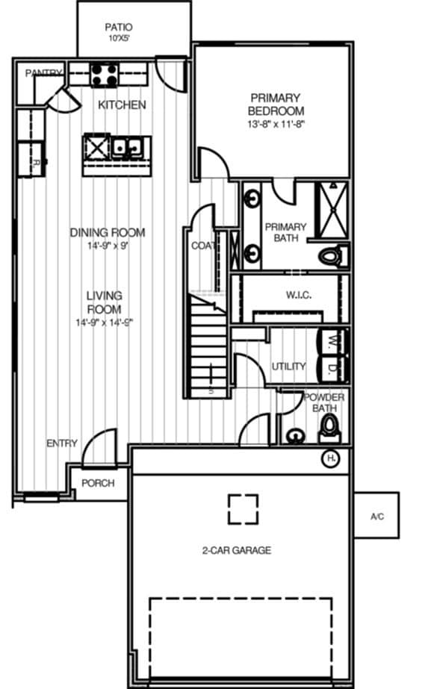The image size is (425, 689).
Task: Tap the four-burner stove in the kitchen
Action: pyautogui.click(x=105, y=75)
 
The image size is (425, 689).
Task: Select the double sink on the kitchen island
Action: pyautogui.click(x=128, y=147)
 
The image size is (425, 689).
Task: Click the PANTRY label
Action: pyautogui.click(x=43, y=73)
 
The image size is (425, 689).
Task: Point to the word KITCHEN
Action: pyautogui.click(x=122, y=105)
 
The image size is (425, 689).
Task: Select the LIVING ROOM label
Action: pyautogui.click(x=104, y=302)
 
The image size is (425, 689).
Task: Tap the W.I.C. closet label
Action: pyautogui.click(x=298, y=295)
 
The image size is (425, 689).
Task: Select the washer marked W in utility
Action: pyautogui.click(x=329, y=341)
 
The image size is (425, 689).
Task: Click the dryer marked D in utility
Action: pyautogui.click(x=329, y=367)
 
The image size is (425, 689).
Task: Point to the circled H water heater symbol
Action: pyautogui.click(x=330, y=458)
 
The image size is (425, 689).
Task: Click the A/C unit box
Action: pyautogui.click(x=376, y=516)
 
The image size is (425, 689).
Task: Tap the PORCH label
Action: pyautogui.click(x=98, y=483)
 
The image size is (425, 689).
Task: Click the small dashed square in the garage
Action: pyautogui.click(x=243, y=509)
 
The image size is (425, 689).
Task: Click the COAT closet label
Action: pyautogui.click(x=202, y=245)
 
